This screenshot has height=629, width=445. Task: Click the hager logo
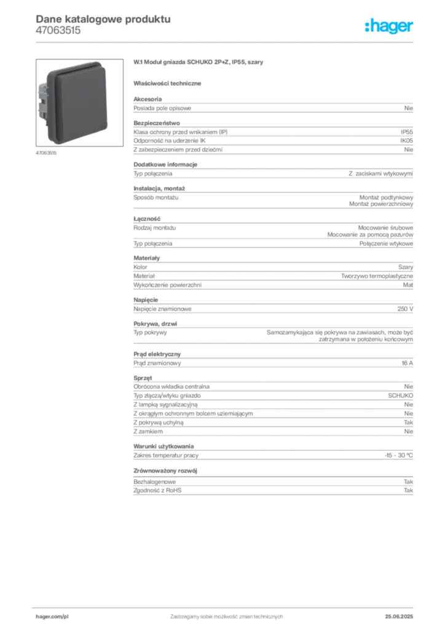click(x=388, y=26)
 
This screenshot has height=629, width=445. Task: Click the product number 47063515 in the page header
click(x=58, y=31)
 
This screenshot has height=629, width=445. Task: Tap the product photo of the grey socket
click(x=79, y=103)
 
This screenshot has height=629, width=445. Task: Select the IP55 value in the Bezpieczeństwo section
click(x=406, y=132)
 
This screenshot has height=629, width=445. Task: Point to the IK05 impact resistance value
click(x=406, y=141)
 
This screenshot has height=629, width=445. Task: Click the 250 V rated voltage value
click(x=405, y=309)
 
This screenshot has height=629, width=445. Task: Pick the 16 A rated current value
click(x=408, y=363)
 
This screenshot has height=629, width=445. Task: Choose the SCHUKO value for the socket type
click(x=401, y=396)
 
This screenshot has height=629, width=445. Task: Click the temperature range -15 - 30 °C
click(x=399, y=455)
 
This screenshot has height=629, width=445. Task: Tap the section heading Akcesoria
click(x=148, y=99)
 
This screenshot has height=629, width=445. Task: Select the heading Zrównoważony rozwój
click(x=165, y=471)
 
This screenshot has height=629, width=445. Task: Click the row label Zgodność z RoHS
click(x=157, y=491)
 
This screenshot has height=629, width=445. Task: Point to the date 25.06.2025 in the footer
click(x=399, y=617)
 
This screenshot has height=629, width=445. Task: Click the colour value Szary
click(x=406, y=267)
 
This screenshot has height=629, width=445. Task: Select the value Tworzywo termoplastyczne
click(x=377, y=276)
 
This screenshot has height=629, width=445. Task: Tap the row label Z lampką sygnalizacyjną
click(x=166, y=405)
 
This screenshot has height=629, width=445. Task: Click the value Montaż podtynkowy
click(x=386, y=197)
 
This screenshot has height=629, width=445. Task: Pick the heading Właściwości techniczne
click(x=167, y=84)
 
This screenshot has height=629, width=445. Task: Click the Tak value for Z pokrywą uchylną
click(x=409, y=423)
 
